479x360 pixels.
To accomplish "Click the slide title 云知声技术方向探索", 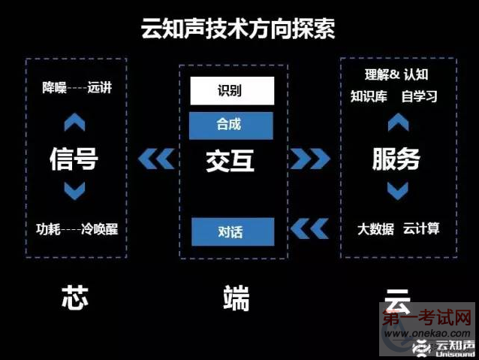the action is coord(238,29).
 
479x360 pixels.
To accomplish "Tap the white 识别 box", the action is coord(232,91).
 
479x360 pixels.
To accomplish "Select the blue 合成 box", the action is coord(231,126).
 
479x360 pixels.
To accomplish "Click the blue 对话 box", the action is coord(233,231).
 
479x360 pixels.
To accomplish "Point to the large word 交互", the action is coord(230,161).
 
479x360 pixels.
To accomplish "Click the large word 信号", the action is coord(74,159).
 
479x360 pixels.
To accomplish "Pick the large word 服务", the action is coord(396,159).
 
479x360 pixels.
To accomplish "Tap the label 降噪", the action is coord(54,88).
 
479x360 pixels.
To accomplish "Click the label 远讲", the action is coord(100,87).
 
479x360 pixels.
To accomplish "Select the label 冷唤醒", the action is coord(100,229).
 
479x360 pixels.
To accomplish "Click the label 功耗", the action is coord(48,229).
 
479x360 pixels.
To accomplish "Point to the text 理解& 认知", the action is coord(396,74).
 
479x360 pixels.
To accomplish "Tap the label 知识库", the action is coord(369,96).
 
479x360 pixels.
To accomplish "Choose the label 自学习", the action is coord(419,96).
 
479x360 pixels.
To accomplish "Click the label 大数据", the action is coord(375,229).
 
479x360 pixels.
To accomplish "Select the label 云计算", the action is coord(421,228).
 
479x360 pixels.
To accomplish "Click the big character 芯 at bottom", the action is coord(75,298).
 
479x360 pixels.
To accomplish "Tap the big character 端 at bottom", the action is coord(236,298).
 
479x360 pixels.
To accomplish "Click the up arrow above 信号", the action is coord(74,122).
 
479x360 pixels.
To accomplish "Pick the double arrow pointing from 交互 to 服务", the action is coord(310,159).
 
